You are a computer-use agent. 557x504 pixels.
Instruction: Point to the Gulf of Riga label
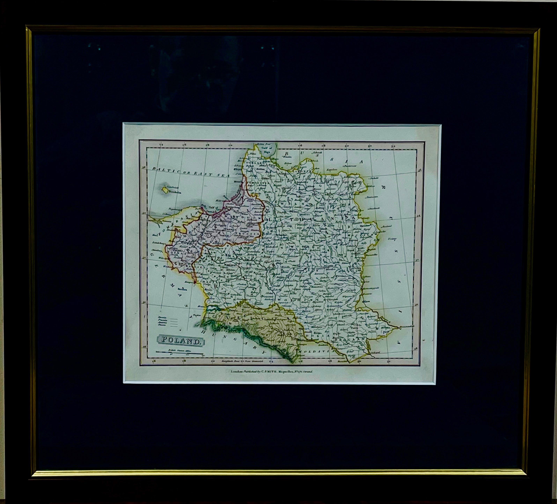(x=266, y=150)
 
